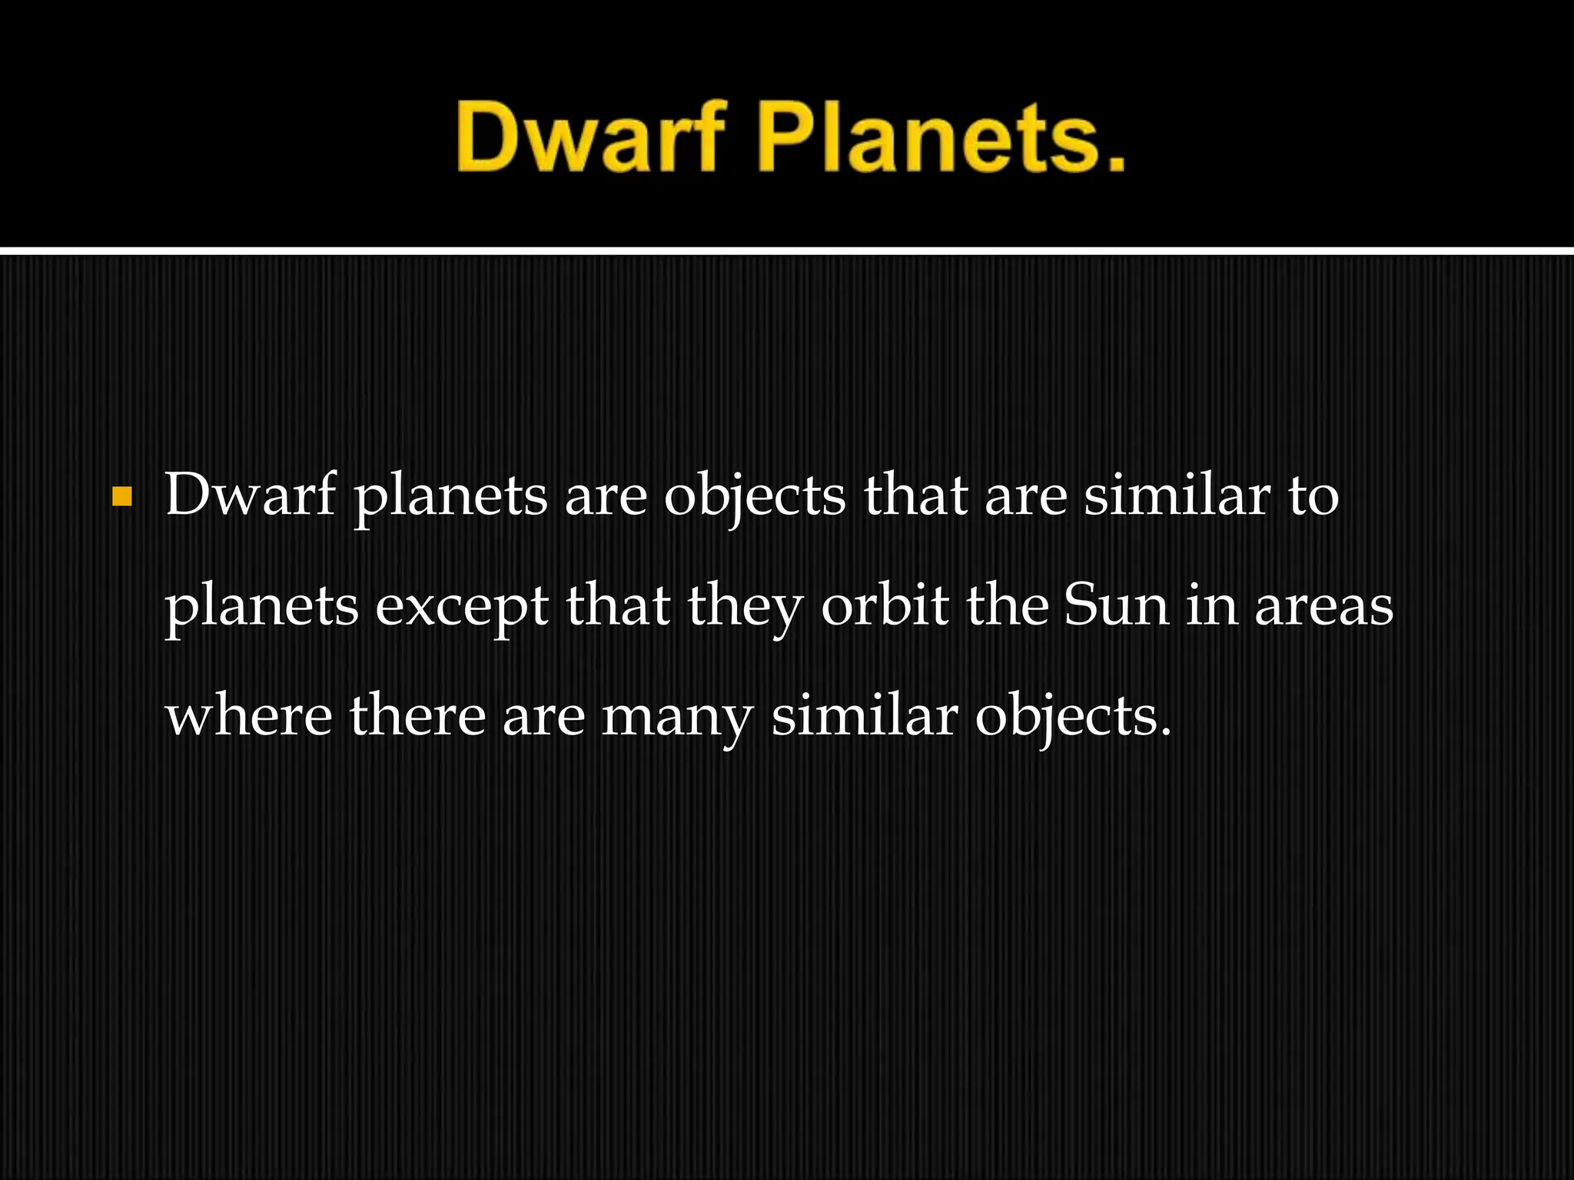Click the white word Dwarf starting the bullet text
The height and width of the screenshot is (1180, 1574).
pyautogui.click(x=251, y=495)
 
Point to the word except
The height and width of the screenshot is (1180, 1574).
pyautogui.click(x=461, y=607)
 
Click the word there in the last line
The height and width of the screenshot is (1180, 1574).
pyautogui.click(x=417, y=715)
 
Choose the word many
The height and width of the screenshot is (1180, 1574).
pyautogui.click(x=677, y=718)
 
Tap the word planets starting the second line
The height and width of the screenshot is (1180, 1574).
pyautogui.click(x=262, y=607)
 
